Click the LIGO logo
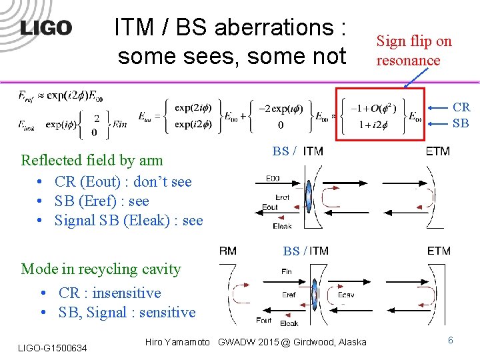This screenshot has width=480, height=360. click(45, 27)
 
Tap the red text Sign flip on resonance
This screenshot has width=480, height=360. click(414, 51)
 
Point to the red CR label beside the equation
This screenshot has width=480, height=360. click(461, 107)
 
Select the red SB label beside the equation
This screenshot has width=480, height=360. click(461, 123)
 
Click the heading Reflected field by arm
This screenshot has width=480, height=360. click(92, 160)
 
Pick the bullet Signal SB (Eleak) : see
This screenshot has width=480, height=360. click(128, 221)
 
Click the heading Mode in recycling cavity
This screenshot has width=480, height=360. click(101, 269)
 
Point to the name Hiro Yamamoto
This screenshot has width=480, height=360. click(177, 342)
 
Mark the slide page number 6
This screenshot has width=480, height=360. click(451, 340)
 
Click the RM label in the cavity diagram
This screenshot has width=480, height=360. click(227, 251)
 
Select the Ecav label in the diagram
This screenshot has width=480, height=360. click(346, 294)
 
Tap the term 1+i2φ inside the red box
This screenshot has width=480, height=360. click(375, 125)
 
